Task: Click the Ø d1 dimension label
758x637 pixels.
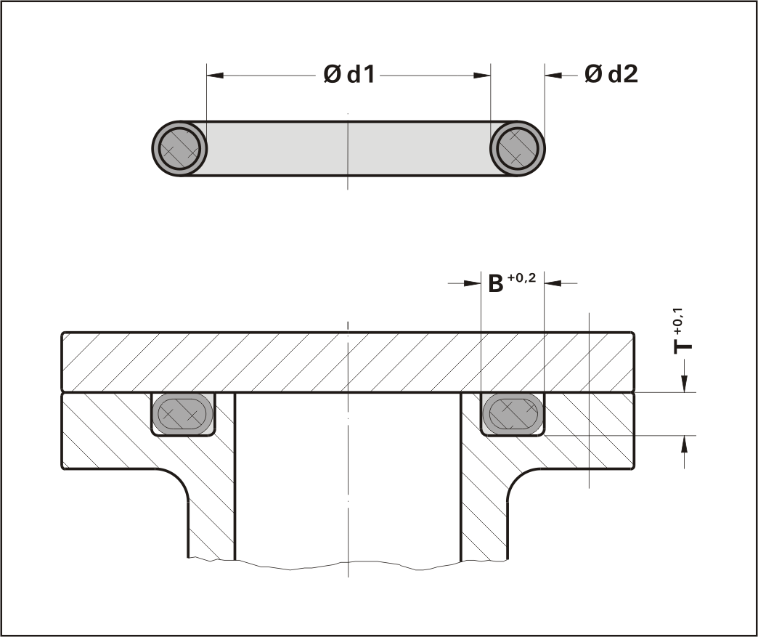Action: pos(349,75)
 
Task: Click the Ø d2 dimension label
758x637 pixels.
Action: pos(611,74)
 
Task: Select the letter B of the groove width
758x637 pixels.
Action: pos(495,283)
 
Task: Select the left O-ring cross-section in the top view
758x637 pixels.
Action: pos(179,148)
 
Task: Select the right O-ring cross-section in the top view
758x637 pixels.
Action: pos(517,148)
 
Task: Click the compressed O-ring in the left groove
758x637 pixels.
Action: pos(183,414)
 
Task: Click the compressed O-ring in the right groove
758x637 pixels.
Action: pos(513,414)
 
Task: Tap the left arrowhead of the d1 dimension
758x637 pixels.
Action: pos(215,76)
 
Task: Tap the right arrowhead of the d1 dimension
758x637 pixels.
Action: pos(481,76)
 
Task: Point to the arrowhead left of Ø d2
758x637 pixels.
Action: pos(554,76)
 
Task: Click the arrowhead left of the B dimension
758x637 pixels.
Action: pos(473,283)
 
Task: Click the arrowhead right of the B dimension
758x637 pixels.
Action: pos(553,283)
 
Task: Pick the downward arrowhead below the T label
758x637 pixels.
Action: pos(684,384)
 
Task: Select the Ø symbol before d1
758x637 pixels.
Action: pos(332,75)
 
